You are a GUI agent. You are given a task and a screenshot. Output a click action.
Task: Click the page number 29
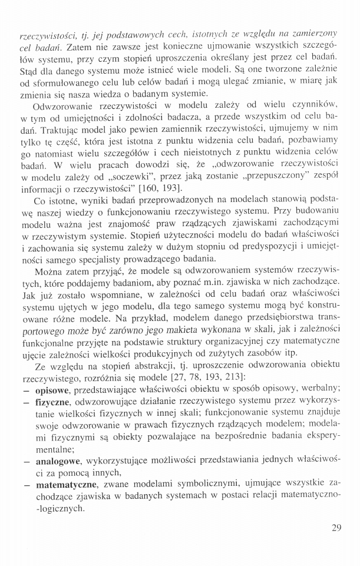pos(336,527)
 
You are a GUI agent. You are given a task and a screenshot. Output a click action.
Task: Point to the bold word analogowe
pos(57,461)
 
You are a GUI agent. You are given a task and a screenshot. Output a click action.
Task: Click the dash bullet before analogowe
pos(27,461)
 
